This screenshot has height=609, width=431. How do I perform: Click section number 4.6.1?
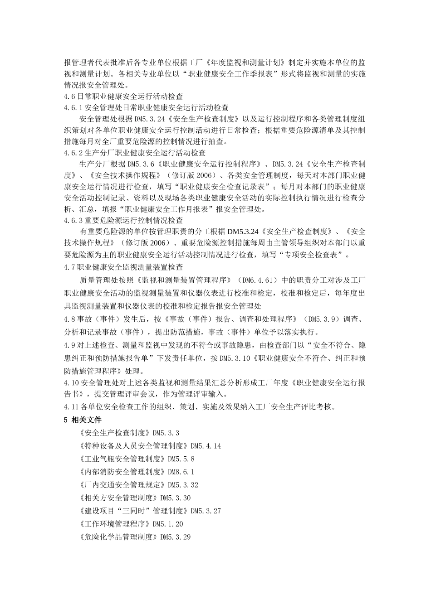(72, 108)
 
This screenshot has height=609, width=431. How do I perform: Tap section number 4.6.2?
(72, 153)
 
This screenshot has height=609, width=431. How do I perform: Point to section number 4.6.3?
(72, 220)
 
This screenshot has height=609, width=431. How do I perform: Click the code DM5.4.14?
(206, 446)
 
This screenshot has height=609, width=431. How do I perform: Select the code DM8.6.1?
(181, 472)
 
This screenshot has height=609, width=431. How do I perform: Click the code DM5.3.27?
(206, 511)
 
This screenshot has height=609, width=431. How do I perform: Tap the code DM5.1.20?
(168, 524)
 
